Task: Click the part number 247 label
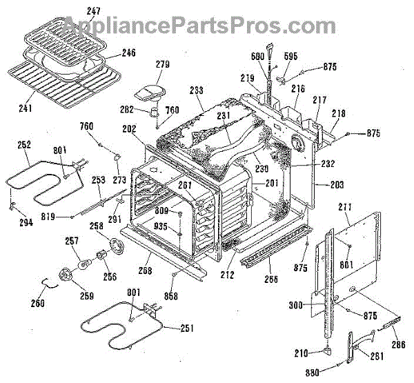pos(92,12)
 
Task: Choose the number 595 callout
pos(291,57)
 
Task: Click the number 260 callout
pos(36,303)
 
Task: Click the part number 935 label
pos(160,226)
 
